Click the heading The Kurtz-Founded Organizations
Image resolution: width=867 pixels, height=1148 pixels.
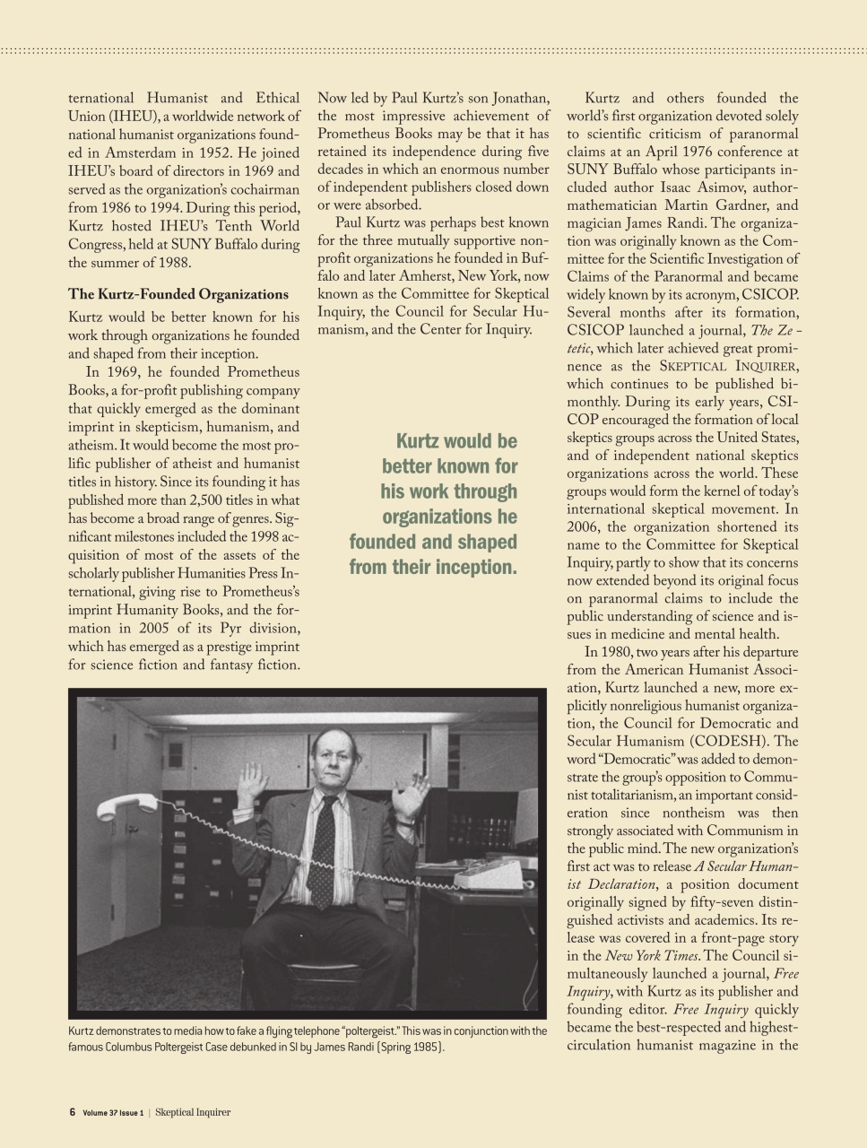point(178,294)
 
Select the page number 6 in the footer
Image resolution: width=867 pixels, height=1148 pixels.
point(72,1112)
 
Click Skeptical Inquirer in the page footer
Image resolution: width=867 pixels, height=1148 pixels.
point(193,1112)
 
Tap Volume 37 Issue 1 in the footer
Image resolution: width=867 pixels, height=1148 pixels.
point(113,1113)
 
